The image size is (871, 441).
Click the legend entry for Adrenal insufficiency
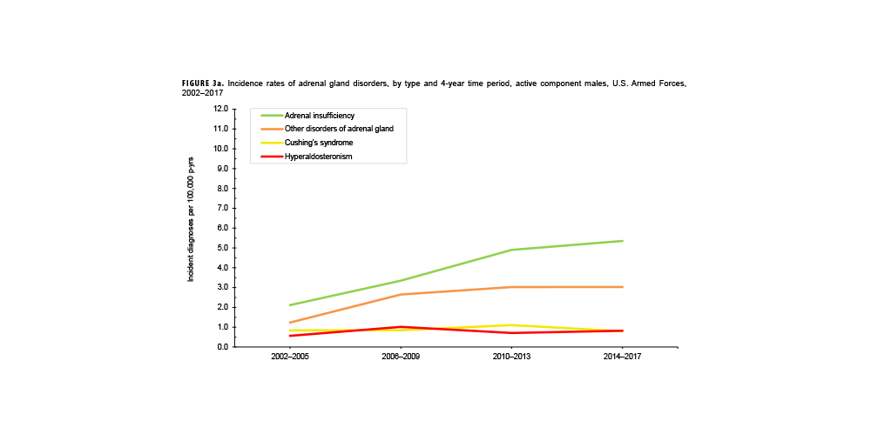[x=319, y=116]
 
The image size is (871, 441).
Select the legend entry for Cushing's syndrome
[x=319, y=143]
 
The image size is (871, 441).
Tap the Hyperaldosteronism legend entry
[x=318, y=157]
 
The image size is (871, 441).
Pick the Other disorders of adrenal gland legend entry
[x=339, y=129]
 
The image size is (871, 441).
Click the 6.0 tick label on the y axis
[x=220, y=228]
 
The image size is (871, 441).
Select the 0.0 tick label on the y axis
[x=220, y=347]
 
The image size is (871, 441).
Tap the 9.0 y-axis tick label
[x=220, y=169]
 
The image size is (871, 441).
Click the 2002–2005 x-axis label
[x=289, y=357]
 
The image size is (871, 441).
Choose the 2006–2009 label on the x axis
[x=401, y=357]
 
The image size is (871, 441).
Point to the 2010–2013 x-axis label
[x=511, y=357]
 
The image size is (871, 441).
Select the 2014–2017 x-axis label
[x=623, y=357]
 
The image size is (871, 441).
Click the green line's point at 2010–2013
[x=511, y=250]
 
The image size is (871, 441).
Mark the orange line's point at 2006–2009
[x=401, y=294]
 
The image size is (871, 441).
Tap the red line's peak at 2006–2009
[x=401, y=327]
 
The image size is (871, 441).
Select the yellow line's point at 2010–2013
[x=511, y=325]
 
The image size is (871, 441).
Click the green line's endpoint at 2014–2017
[x=623, y=241]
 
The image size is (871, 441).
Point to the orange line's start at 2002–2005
[x=289, y=323]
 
